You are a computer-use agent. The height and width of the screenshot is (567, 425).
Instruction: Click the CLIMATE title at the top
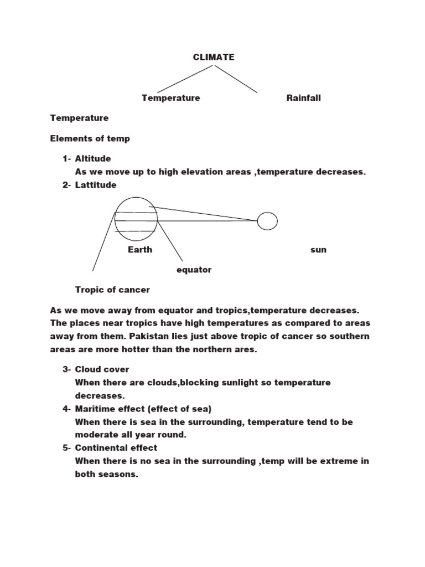214,57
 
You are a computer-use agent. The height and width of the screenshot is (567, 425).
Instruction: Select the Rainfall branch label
303,98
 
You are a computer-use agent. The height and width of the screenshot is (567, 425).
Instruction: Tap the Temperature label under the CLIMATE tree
170,98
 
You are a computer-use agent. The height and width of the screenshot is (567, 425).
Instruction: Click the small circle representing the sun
267,221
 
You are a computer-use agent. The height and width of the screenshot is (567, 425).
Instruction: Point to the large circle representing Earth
136,219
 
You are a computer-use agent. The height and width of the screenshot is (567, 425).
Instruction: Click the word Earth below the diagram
140,250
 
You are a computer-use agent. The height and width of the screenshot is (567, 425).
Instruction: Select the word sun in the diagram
318,250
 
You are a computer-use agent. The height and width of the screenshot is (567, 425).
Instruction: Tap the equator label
194,270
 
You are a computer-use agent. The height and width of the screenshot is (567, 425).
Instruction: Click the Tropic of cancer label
112,290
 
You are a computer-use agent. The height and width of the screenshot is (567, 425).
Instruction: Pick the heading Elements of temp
90,138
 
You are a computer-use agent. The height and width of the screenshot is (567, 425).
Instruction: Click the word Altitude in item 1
93,159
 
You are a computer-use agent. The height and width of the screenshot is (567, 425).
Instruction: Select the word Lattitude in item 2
96,185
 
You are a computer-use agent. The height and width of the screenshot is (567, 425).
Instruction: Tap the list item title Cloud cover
102,369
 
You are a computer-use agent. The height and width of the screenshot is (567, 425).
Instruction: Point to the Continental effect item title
116,448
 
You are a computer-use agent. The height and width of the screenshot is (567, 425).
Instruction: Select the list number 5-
66,448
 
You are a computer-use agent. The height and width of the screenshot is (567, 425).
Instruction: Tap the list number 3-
66,369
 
